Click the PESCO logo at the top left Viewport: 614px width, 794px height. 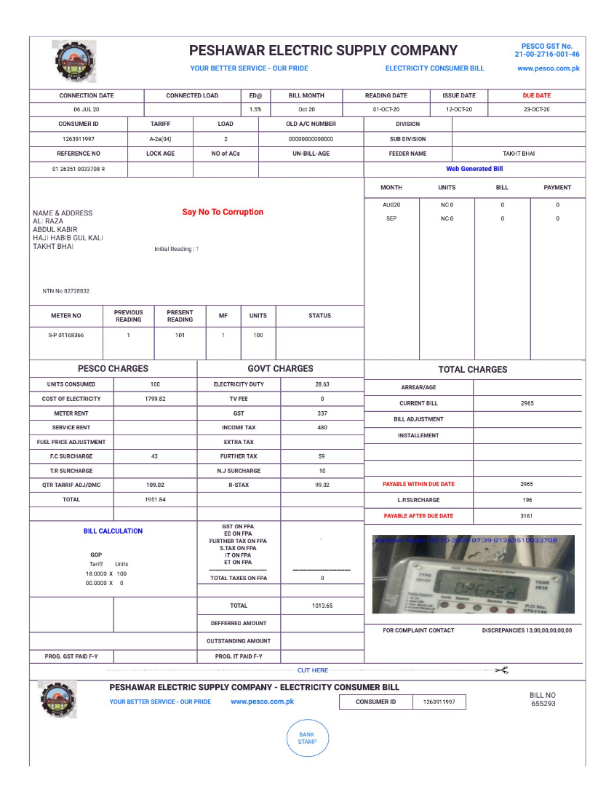point(73,61)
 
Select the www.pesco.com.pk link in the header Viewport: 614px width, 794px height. point(548,68)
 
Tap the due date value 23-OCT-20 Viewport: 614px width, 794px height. point(536,110)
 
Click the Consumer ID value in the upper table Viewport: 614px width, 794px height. point(79,139)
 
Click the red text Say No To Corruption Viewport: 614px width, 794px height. point(223,213)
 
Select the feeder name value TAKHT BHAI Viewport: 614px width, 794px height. point(519,154)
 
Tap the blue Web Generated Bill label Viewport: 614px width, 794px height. point(474,169)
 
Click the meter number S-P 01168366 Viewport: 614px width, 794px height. point(66,336)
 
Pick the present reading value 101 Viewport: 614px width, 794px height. point(180,336)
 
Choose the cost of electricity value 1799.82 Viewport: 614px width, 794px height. point(155,399)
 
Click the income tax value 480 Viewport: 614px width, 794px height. point(322,428)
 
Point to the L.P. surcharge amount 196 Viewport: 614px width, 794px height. point(527,500)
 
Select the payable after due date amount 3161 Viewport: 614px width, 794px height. point(527,516)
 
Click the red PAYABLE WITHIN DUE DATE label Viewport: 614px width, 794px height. point(418,484)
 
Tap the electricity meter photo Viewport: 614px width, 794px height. point(473,575)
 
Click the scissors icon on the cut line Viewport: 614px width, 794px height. point(501,670)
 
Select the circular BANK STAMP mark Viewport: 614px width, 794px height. point(307,738)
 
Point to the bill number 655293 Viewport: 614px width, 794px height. point(543,704)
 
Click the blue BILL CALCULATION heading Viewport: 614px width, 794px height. point(113,531)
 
